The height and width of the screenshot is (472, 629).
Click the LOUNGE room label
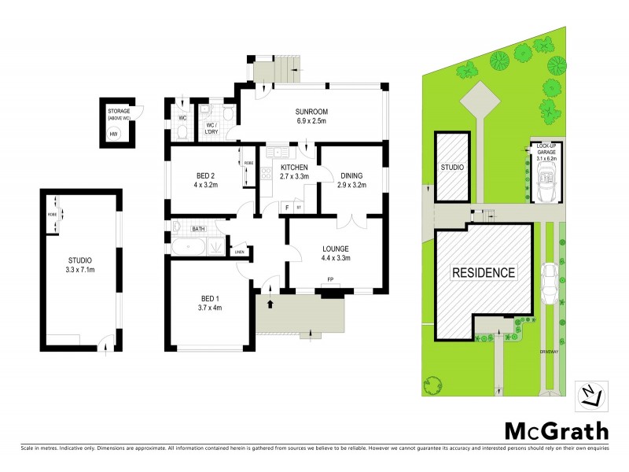335,249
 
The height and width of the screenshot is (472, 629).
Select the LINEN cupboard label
240,253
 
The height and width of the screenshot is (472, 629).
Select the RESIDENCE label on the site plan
484,273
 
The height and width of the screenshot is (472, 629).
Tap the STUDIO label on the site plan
452,168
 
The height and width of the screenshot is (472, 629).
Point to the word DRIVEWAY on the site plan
550,351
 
